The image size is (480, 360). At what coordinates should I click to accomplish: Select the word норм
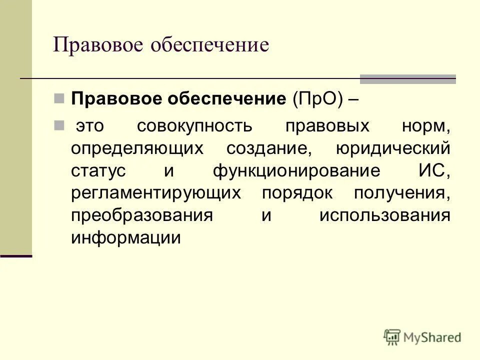pyautogui.click(x=425, y=126)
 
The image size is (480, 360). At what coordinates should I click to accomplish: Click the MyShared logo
pyautogui.click(x=422, y=337)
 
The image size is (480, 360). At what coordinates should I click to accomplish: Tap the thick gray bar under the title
pyautogui.click(x=408, y=79)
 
